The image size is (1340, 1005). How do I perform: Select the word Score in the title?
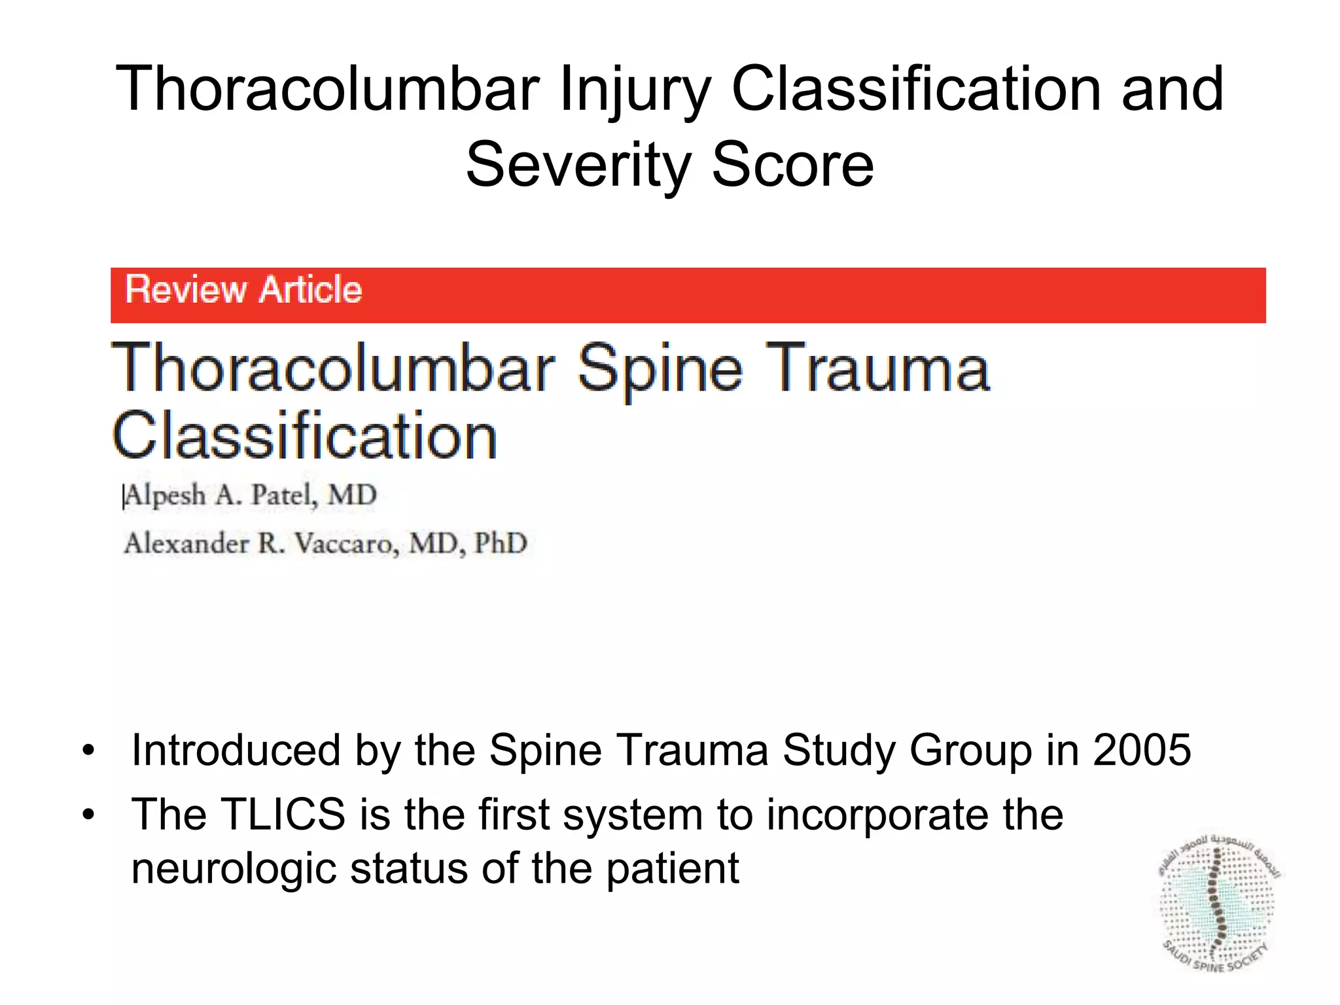(x=792, y=165)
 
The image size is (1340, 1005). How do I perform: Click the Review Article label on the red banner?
(x=243, y=290)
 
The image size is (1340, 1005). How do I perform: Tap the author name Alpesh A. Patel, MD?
(x=251, y=495)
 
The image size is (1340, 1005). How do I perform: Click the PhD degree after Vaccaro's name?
(x=501, y=543)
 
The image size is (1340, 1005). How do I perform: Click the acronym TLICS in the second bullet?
(x=283, y=815)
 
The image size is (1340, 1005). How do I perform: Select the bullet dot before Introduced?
(x=89, y=751)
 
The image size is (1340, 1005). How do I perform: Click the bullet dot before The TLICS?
(x=89, y=815)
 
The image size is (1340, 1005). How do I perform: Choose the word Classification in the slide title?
(x=917, y=90)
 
